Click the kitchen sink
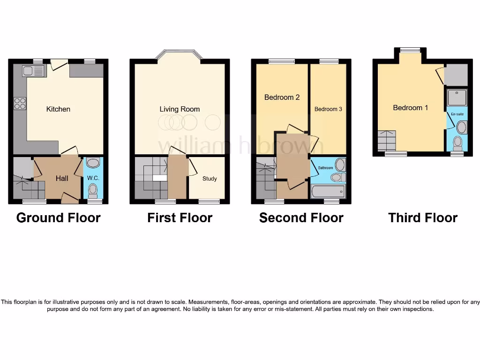point(33,71)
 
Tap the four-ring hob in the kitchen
point(20,103)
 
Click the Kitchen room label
point(58,109)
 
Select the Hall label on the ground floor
point(62,178)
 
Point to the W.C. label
point(93,178)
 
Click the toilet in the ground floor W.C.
point(93,190)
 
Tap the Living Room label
point(180,109)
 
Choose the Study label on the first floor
point(210,179)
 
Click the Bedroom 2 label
point(282,97)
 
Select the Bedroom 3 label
point(328,109)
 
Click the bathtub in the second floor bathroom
point(328,191)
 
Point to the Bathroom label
point(325,168)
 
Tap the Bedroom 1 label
point(410,108)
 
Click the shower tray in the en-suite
point(457,97)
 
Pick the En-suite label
point(457,114)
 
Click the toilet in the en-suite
point(458,142)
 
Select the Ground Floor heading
point(58,218)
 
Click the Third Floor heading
point(423,218)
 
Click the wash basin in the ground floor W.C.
point(93,163)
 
